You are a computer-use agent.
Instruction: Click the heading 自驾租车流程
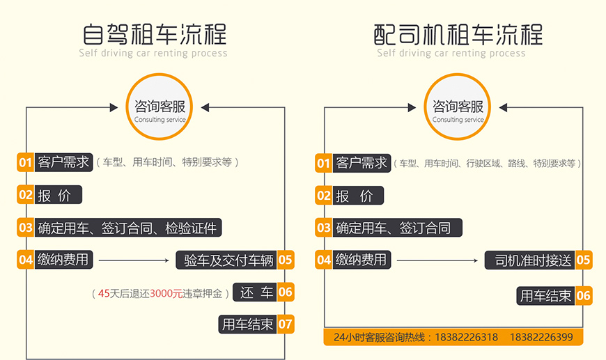154,33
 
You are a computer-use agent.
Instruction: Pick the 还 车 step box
256,292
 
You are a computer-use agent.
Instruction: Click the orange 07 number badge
286,324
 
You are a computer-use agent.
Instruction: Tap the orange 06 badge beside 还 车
286,292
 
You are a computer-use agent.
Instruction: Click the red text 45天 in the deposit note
109,294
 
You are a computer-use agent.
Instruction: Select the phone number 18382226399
541,338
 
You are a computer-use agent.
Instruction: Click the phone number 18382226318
466,338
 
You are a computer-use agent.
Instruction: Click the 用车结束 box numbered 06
545,296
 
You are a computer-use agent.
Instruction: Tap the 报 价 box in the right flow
358,196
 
